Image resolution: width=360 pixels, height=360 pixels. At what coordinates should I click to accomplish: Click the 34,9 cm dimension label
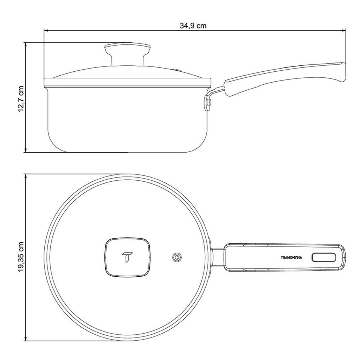point(193,25)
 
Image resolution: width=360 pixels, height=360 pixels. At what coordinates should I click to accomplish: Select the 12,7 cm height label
point(21,99)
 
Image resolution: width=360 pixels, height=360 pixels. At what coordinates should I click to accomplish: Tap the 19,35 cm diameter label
point(21,257)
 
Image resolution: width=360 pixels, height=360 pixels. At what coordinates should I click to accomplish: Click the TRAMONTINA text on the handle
point(291,258)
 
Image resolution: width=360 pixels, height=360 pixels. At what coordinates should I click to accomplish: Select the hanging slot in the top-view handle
point(323,257)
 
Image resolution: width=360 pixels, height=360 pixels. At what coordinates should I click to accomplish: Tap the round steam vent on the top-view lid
point(177,257)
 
